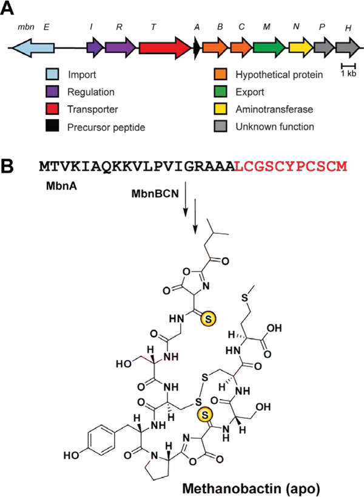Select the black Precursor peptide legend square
pos(53,126)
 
